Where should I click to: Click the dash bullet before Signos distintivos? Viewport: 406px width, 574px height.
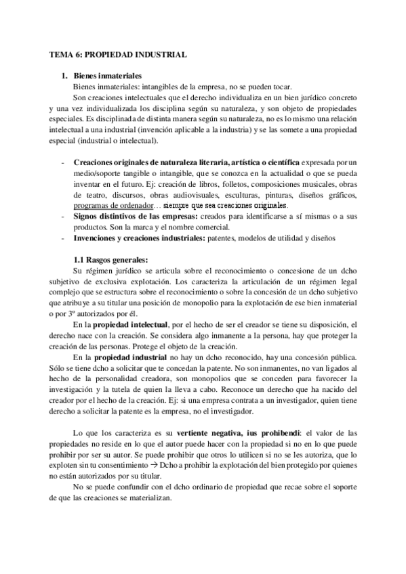[x=62, y=215]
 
